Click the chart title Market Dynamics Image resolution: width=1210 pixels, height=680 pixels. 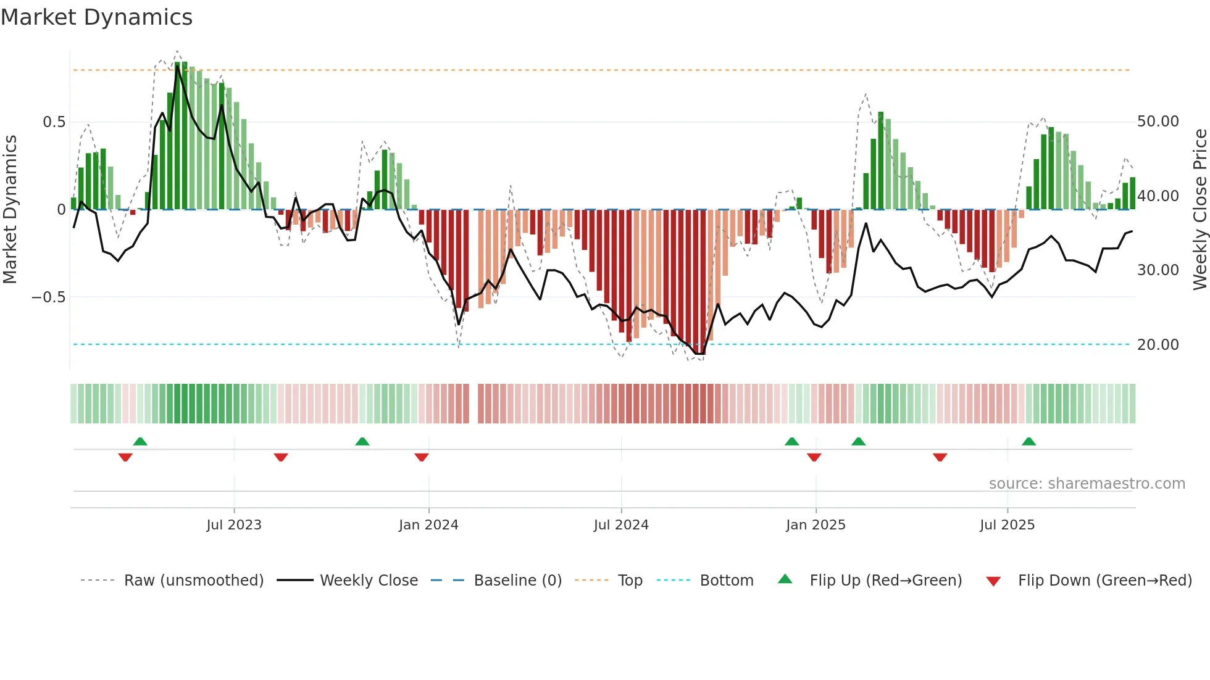97,17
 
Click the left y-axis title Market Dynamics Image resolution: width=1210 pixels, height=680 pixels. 10,210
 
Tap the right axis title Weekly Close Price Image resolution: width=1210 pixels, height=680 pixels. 1200,210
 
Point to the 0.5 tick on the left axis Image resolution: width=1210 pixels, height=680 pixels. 54,122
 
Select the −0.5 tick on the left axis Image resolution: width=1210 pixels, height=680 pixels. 49,297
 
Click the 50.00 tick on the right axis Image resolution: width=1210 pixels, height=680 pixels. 1158,122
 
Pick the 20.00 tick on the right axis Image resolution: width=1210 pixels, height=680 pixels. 1158,345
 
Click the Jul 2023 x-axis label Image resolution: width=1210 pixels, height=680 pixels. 234,525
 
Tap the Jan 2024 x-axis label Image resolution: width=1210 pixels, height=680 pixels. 428,525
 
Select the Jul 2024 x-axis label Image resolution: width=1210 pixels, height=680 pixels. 621,525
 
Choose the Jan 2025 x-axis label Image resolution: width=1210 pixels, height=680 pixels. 816,525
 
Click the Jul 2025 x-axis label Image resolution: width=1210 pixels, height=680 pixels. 1007,525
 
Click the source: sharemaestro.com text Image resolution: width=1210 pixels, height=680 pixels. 1087,484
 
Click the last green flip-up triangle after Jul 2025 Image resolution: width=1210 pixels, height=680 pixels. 1028,442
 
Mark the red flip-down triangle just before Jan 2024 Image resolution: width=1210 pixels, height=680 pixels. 422,457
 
